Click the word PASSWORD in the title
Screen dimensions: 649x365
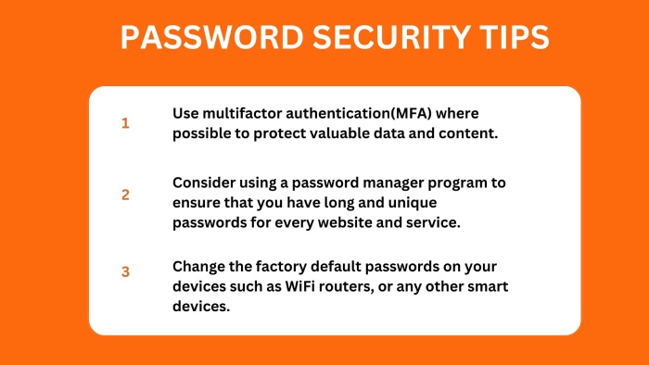pos(212,37)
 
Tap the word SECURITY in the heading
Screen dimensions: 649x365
pos(391,37)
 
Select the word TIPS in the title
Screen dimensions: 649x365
pos(515,37)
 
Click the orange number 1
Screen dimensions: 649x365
pos(125,123)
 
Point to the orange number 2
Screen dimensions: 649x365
pos(125,195)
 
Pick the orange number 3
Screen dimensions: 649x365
pos(125,271)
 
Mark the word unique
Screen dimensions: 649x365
pos(413,204)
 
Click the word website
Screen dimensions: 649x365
pos(345,222)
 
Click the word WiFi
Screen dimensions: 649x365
pos(299,286)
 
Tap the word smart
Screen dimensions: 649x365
pos(488,287)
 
